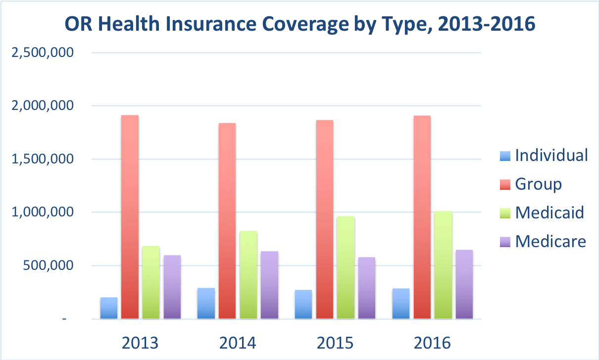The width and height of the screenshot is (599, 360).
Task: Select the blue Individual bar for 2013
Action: coord(109,308)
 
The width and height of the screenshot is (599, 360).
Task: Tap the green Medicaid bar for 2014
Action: coord(249,275)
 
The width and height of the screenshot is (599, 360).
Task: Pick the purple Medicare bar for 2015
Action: coord(367,288)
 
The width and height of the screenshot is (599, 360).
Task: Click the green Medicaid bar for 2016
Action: coord(443,265)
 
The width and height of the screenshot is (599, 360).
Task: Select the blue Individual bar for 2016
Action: coord(401,304)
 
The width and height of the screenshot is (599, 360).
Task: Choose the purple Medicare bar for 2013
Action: coord(172,287)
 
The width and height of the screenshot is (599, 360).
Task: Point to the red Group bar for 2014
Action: coord(227,220)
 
